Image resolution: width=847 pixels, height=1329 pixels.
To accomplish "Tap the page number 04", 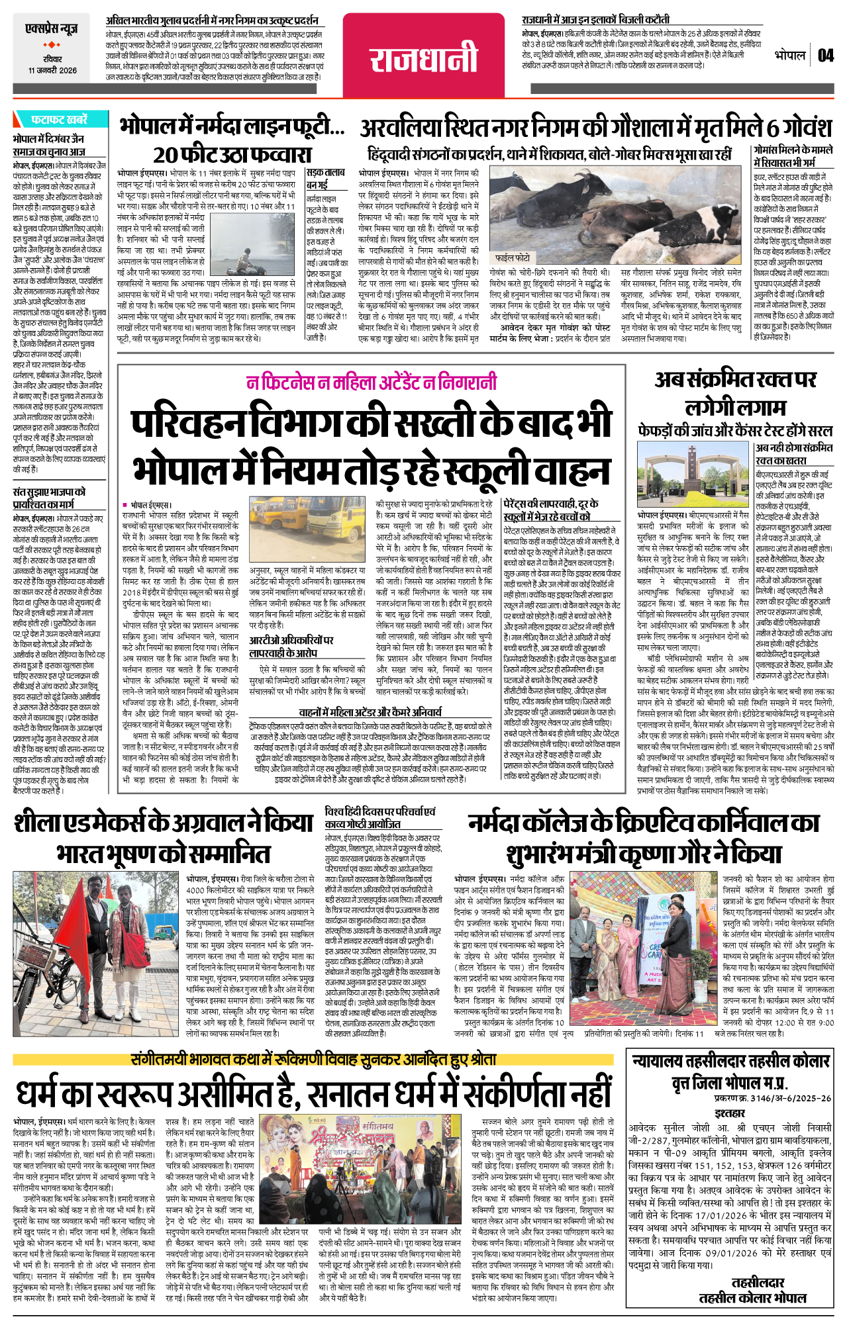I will tap(825, 56).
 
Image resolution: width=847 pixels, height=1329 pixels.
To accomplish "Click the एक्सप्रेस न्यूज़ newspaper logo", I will tap(52, 29).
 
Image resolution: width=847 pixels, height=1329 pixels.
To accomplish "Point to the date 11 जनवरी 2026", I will tap(52, 70).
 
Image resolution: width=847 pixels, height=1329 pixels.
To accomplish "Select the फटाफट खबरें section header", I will tap(58, 120).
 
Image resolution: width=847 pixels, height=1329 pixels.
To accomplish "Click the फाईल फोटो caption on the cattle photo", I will tap(513, 257).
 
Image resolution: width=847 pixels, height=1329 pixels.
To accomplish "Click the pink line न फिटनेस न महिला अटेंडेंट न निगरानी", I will tap(371, 383).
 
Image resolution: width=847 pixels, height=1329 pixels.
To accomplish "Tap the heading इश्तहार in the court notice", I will tap(730, 1113).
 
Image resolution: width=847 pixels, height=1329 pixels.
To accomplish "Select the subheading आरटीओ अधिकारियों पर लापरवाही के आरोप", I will tap(291, 647).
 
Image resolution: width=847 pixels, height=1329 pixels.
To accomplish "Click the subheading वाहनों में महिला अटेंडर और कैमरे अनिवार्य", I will tap(370, 712).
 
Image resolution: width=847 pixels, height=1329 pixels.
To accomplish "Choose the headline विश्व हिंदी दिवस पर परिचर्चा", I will tap(380, 817).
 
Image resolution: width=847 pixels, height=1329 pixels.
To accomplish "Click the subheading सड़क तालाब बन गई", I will tap(325, 178).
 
